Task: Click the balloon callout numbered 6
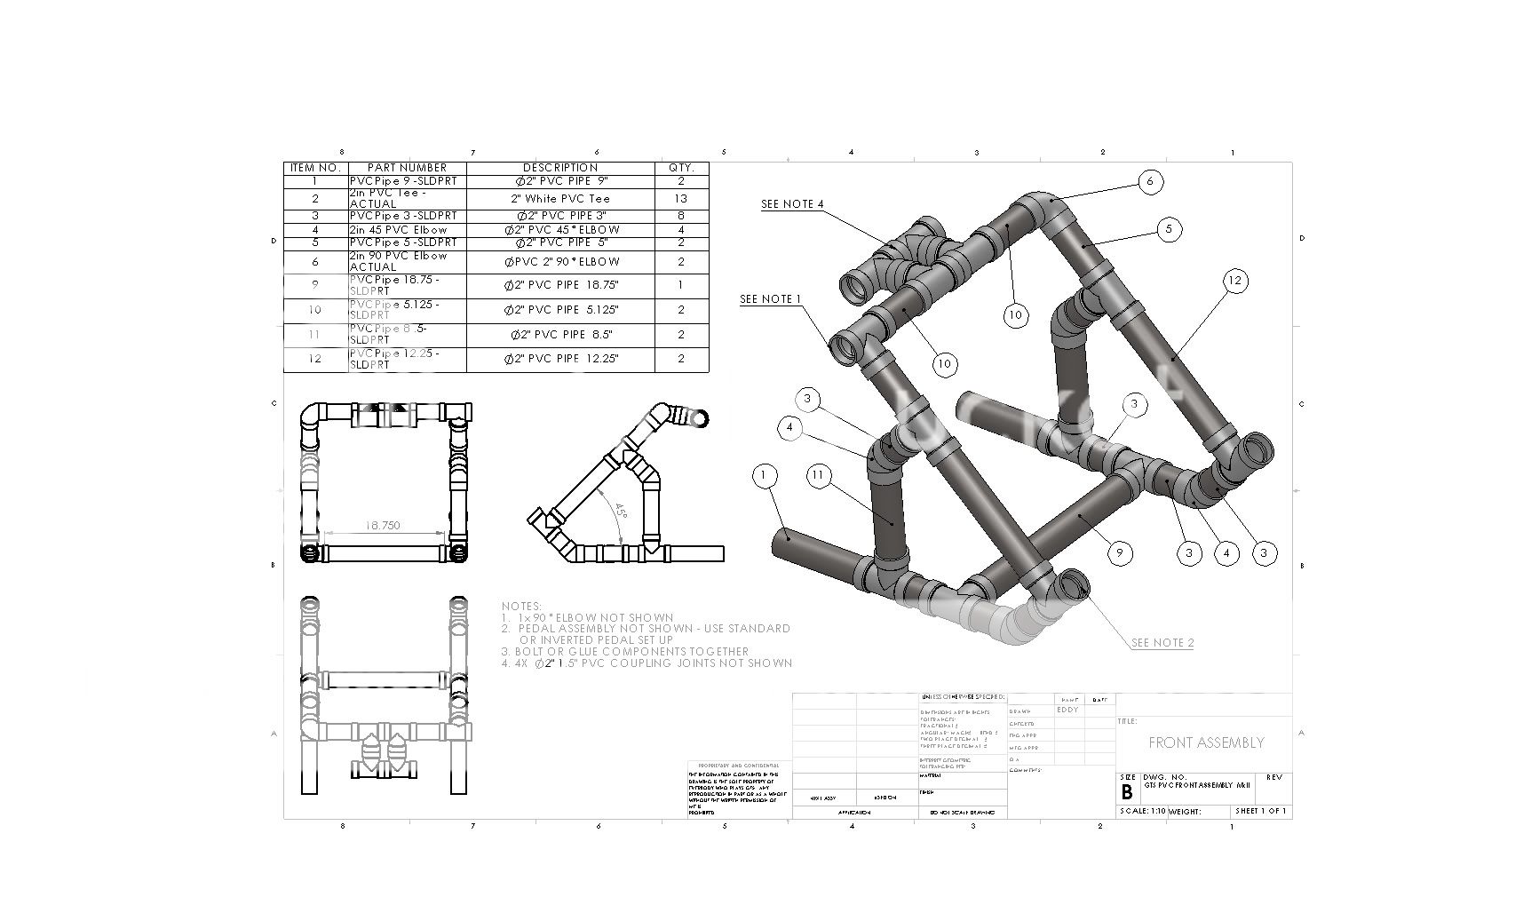coord(1150,182)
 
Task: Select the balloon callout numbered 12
coord(1234,282)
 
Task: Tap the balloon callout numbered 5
coord(1169,229)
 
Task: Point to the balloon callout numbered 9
coord(1120,552)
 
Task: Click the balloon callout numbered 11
coord(818,476)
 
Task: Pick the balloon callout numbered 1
coord(764,476)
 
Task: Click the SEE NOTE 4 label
coord(792,204)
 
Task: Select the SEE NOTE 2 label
coord(1162,643)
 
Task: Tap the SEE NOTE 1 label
coord(771,299)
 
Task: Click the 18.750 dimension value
coord(383,526)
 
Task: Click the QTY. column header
coord(681,168)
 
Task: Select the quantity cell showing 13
coord(681,199)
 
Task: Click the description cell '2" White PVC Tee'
coord(560,199)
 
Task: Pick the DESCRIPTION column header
coord(560,168)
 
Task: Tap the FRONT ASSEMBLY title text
coord(1205,742)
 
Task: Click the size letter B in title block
coord(1127,792)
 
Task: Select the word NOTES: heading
coord(521,607)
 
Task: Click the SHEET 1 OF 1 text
coord(1260,811)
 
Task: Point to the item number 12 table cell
coord(315,359)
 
